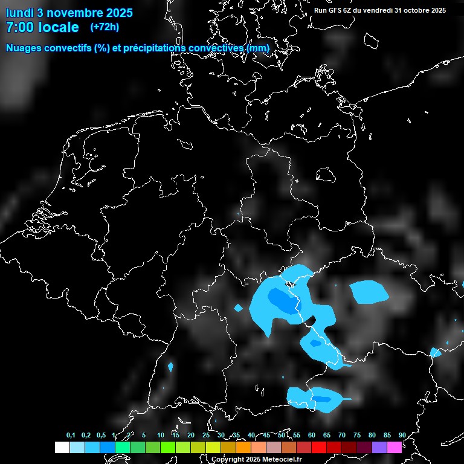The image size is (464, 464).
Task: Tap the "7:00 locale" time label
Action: [42, 27]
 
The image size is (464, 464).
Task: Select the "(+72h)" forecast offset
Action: [105, 27]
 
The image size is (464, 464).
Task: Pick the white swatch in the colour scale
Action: [62, 447]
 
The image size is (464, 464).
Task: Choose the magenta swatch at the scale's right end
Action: [395, 447]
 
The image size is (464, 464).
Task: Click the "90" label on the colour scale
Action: [402, 435]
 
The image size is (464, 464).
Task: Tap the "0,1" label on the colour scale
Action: [71, 435]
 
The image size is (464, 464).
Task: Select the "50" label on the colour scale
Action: [282, 435]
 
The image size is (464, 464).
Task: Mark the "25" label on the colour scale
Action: [206, 435]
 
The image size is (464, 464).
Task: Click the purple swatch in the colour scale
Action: [379, 447]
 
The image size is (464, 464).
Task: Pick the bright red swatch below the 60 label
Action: [319, 447]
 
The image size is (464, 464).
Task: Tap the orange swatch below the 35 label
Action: [243, 447]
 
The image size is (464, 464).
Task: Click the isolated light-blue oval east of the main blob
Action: [369, 292]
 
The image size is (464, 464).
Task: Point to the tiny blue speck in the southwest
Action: [170, 367]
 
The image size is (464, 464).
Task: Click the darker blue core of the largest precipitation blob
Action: [279, 298]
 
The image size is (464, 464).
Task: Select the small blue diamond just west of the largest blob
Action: [238, 308]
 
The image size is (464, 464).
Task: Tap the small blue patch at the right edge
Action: [436, 352]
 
